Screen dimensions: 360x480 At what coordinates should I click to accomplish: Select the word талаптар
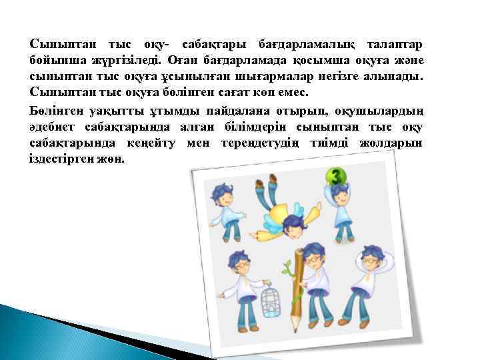click(394, 44)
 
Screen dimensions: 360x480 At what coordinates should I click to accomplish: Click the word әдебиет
click(52, 127)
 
